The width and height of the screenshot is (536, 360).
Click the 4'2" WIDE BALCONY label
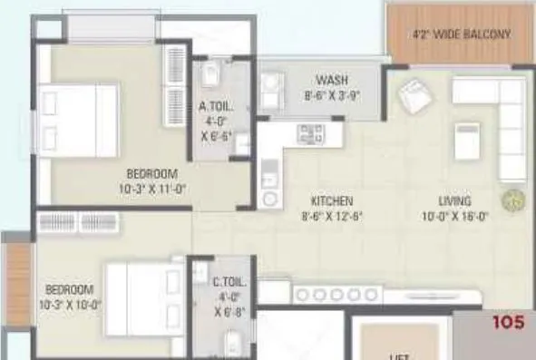(461, 35)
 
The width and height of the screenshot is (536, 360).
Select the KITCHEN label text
(332, 200)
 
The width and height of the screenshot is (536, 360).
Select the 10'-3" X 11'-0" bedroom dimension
(152, 189)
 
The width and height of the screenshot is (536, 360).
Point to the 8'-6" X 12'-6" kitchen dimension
(331, 216)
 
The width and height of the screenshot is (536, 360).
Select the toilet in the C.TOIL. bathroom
(231, 344)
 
